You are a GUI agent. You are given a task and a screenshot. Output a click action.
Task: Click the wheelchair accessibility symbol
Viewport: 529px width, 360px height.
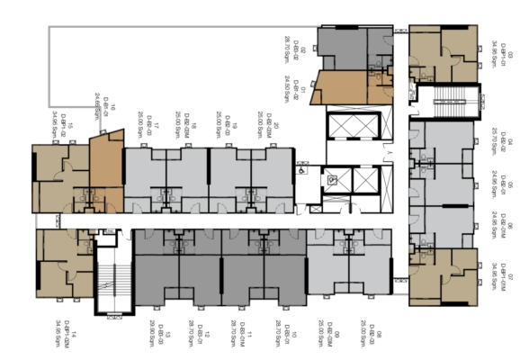[x=303, y=169]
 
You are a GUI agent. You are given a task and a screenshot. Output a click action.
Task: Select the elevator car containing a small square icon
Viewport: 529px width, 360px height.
[x=334, y=180]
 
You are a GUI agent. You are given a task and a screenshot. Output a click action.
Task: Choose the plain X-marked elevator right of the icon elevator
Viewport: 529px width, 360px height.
[x=367, y=180]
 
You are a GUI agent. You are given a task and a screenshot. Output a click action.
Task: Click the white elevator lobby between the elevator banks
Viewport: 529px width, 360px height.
[x=355, y=153]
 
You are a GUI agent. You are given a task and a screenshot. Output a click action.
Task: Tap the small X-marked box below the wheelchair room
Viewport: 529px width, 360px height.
[x=315, y=209]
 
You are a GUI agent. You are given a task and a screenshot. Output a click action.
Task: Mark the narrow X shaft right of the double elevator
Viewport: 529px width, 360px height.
[x=388, y=125]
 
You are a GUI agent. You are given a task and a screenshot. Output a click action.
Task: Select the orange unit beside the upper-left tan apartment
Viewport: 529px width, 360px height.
[x=106, y=162]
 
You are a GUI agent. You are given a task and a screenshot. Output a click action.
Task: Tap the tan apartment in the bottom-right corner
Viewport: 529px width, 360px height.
[x=444, y=277]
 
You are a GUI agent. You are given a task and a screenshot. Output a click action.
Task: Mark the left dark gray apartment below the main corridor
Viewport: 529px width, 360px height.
[x=176, y=270]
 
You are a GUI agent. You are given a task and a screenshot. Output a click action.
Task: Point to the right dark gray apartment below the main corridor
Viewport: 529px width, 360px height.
[x=263, y=270]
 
